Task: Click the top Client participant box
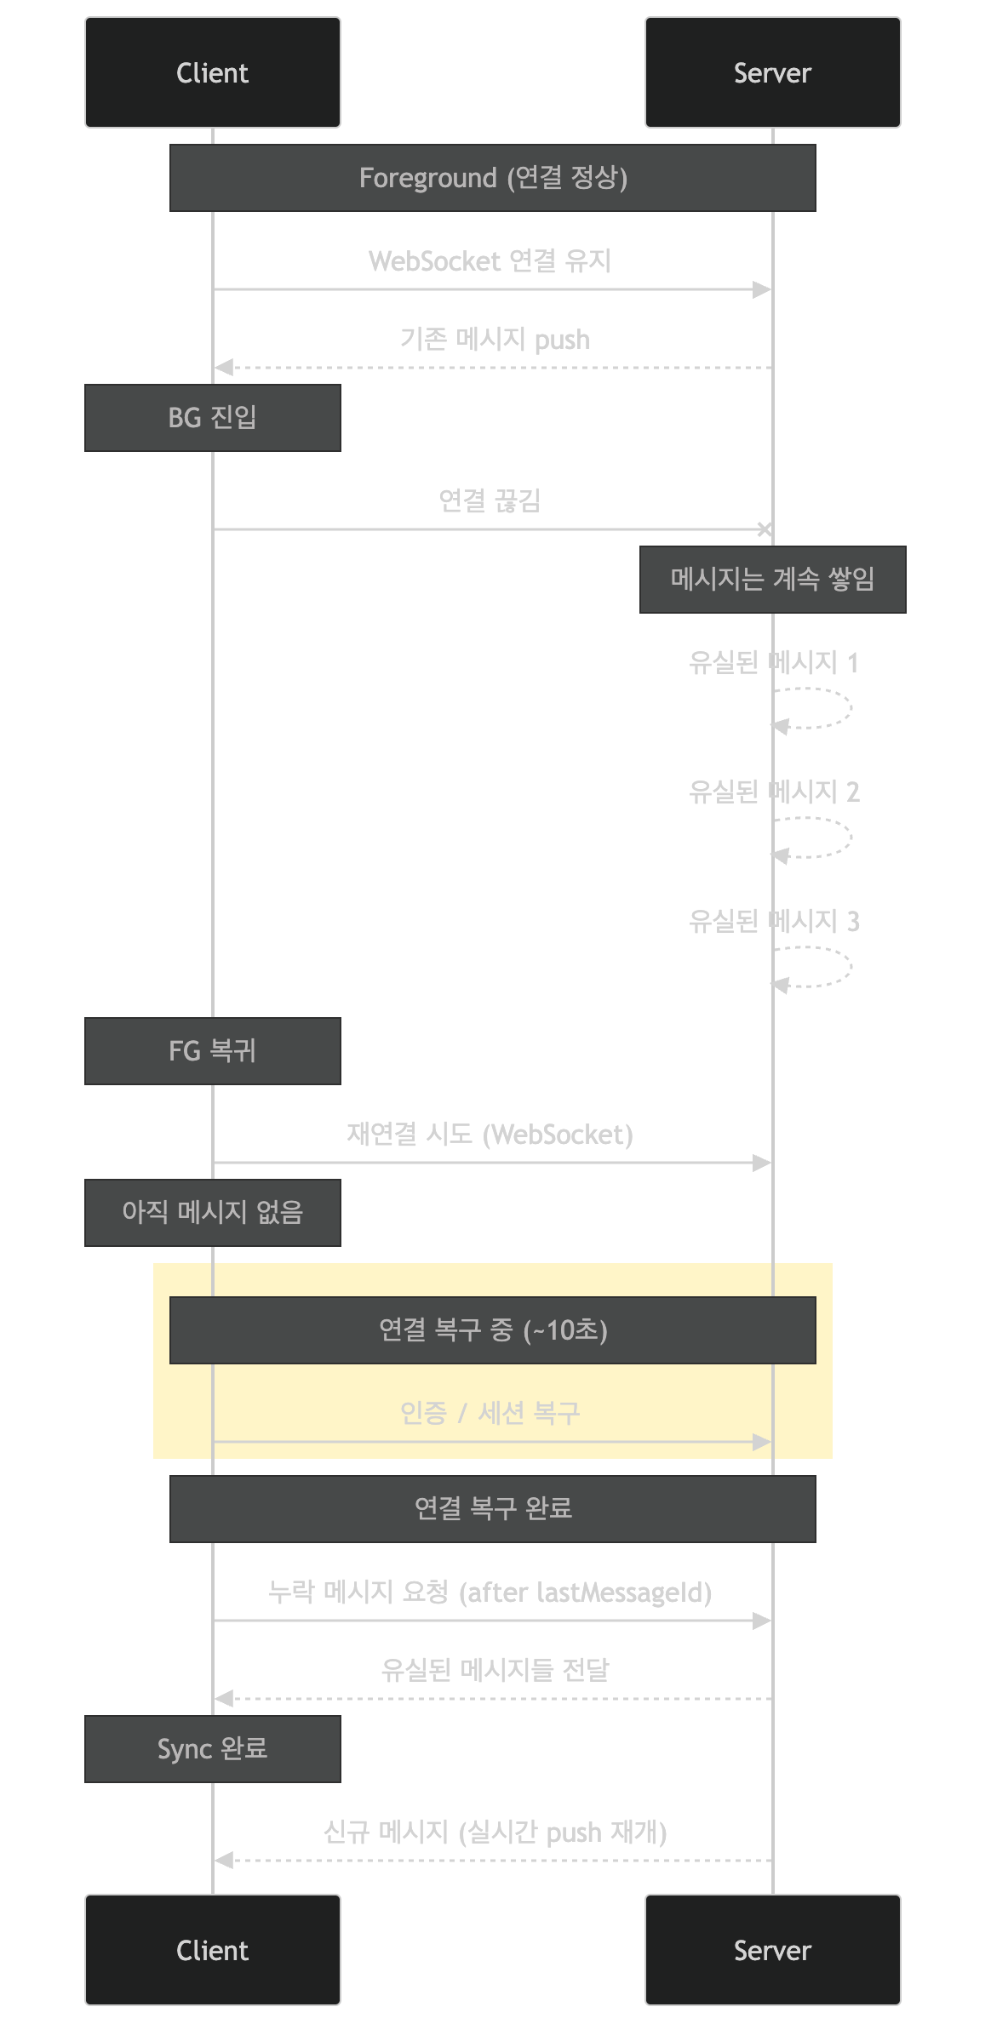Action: (x=212, y=72)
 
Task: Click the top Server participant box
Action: (x=772, y=72)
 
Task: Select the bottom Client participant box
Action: (x=212, y=1950)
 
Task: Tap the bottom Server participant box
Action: (x=772, y=1950)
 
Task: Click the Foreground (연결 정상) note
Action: (x=492, y=178)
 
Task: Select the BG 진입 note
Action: (x=212, y=418)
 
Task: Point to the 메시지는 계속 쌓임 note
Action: (x=772, y=580)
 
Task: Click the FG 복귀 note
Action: (x=212, y=1051)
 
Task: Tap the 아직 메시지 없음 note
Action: (x=212, y=1213)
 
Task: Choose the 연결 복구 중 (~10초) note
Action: (x=492, y=1330)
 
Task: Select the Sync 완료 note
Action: (x=212, y=1749)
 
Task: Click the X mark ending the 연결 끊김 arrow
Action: (x=765, y=529)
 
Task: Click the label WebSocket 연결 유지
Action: (x=490, y=260)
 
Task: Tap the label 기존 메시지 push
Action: (x=495, y=340)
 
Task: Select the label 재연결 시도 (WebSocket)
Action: (x=490, y=1134)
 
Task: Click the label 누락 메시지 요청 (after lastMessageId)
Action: (x=490, y=1592)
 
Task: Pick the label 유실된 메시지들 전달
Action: (x=495, y=1670)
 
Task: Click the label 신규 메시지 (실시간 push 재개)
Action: (x=495, y=1832)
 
